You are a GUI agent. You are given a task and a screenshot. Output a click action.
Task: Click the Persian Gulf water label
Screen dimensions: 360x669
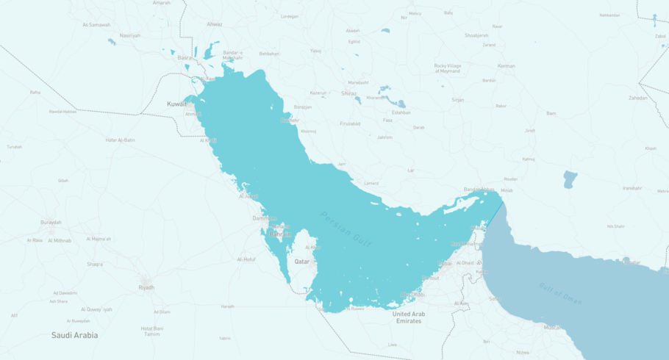pos(346,228)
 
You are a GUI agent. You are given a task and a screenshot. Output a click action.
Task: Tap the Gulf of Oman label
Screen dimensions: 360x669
pos(560,293)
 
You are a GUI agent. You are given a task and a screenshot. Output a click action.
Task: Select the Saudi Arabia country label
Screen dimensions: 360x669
pos(74,335)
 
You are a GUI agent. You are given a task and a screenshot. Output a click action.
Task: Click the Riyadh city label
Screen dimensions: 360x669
pos(146,287)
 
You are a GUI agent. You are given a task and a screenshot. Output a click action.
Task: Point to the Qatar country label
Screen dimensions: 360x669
pos(302,262)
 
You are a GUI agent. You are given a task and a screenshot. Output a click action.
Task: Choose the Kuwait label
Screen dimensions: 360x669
pos(176,104)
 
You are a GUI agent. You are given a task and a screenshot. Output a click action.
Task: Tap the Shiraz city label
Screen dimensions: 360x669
pos(348,93)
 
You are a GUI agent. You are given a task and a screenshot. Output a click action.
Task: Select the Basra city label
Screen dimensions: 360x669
pos(185,57)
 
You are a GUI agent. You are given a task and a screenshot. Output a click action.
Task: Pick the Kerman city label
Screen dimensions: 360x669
pos(506,66)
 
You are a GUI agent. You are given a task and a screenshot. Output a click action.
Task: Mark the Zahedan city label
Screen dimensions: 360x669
pos(638,98)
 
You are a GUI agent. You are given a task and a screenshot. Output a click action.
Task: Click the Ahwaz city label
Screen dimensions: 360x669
pos(214,24)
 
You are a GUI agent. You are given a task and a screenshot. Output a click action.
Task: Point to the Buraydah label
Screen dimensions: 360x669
pos(51,222)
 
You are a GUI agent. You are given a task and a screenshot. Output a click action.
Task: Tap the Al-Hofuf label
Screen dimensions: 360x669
pos(246,259)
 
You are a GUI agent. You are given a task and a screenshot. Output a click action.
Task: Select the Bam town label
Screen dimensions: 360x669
pos(551,113)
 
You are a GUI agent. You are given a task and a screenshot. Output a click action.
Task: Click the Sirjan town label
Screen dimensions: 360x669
pos(458,99)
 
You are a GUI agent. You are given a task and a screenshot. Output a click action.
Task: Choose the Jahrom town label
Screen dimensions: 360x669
pos(384,137)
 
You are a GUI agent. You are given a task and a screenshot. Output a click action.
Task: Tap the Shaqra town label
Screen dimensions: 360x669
pos(95,264)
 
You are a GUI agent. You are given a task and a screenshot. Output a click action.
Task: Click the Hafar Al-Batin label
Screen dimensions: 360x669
pos(120,140)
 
